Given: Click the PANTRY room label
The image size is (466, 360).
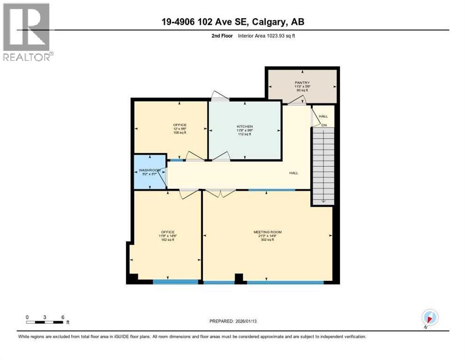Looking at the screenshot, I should [x=302, y=83].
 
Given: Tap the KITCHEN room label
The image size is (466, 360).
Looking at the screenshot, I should [x=245, y=127].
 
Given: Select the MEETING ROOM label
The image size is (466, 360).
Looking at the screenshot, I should [x=267, y=232].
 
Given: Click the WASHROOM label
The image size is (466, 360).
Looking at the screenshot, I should [x=150, y=170].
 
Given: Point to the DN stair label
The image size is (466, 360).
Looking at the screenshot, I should [x=324, y=125].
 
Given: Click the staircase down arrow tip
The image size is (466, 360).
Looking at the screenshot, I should [x=323, y=202].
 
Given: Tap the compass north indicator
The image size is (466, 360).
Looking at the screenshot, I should [x=429, y=318].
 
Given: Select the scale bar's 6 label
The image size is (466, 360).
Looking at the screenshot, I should [x=62, y=317].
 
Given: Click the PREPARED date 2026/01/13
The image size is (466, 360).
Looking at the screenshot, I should [x=253, y=321].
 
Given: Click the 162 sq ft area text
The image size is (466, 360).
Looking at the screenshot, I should [x=168, y=240].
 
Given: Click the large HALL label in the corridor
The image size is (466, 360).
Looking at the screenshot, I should [x=293, y=173].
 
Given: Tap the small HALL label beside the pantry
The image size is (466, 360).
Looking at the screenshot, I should [x=323, y=116].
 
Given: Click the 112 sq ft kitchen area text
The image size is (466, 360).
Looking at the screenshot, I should [x=245, y=134].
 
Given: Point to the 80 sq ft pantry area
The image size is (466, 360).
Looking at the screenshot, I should [x=302, y=90].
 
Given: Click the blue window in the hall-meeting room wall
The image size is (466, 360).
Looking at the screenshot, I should [x=271, y=190].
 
